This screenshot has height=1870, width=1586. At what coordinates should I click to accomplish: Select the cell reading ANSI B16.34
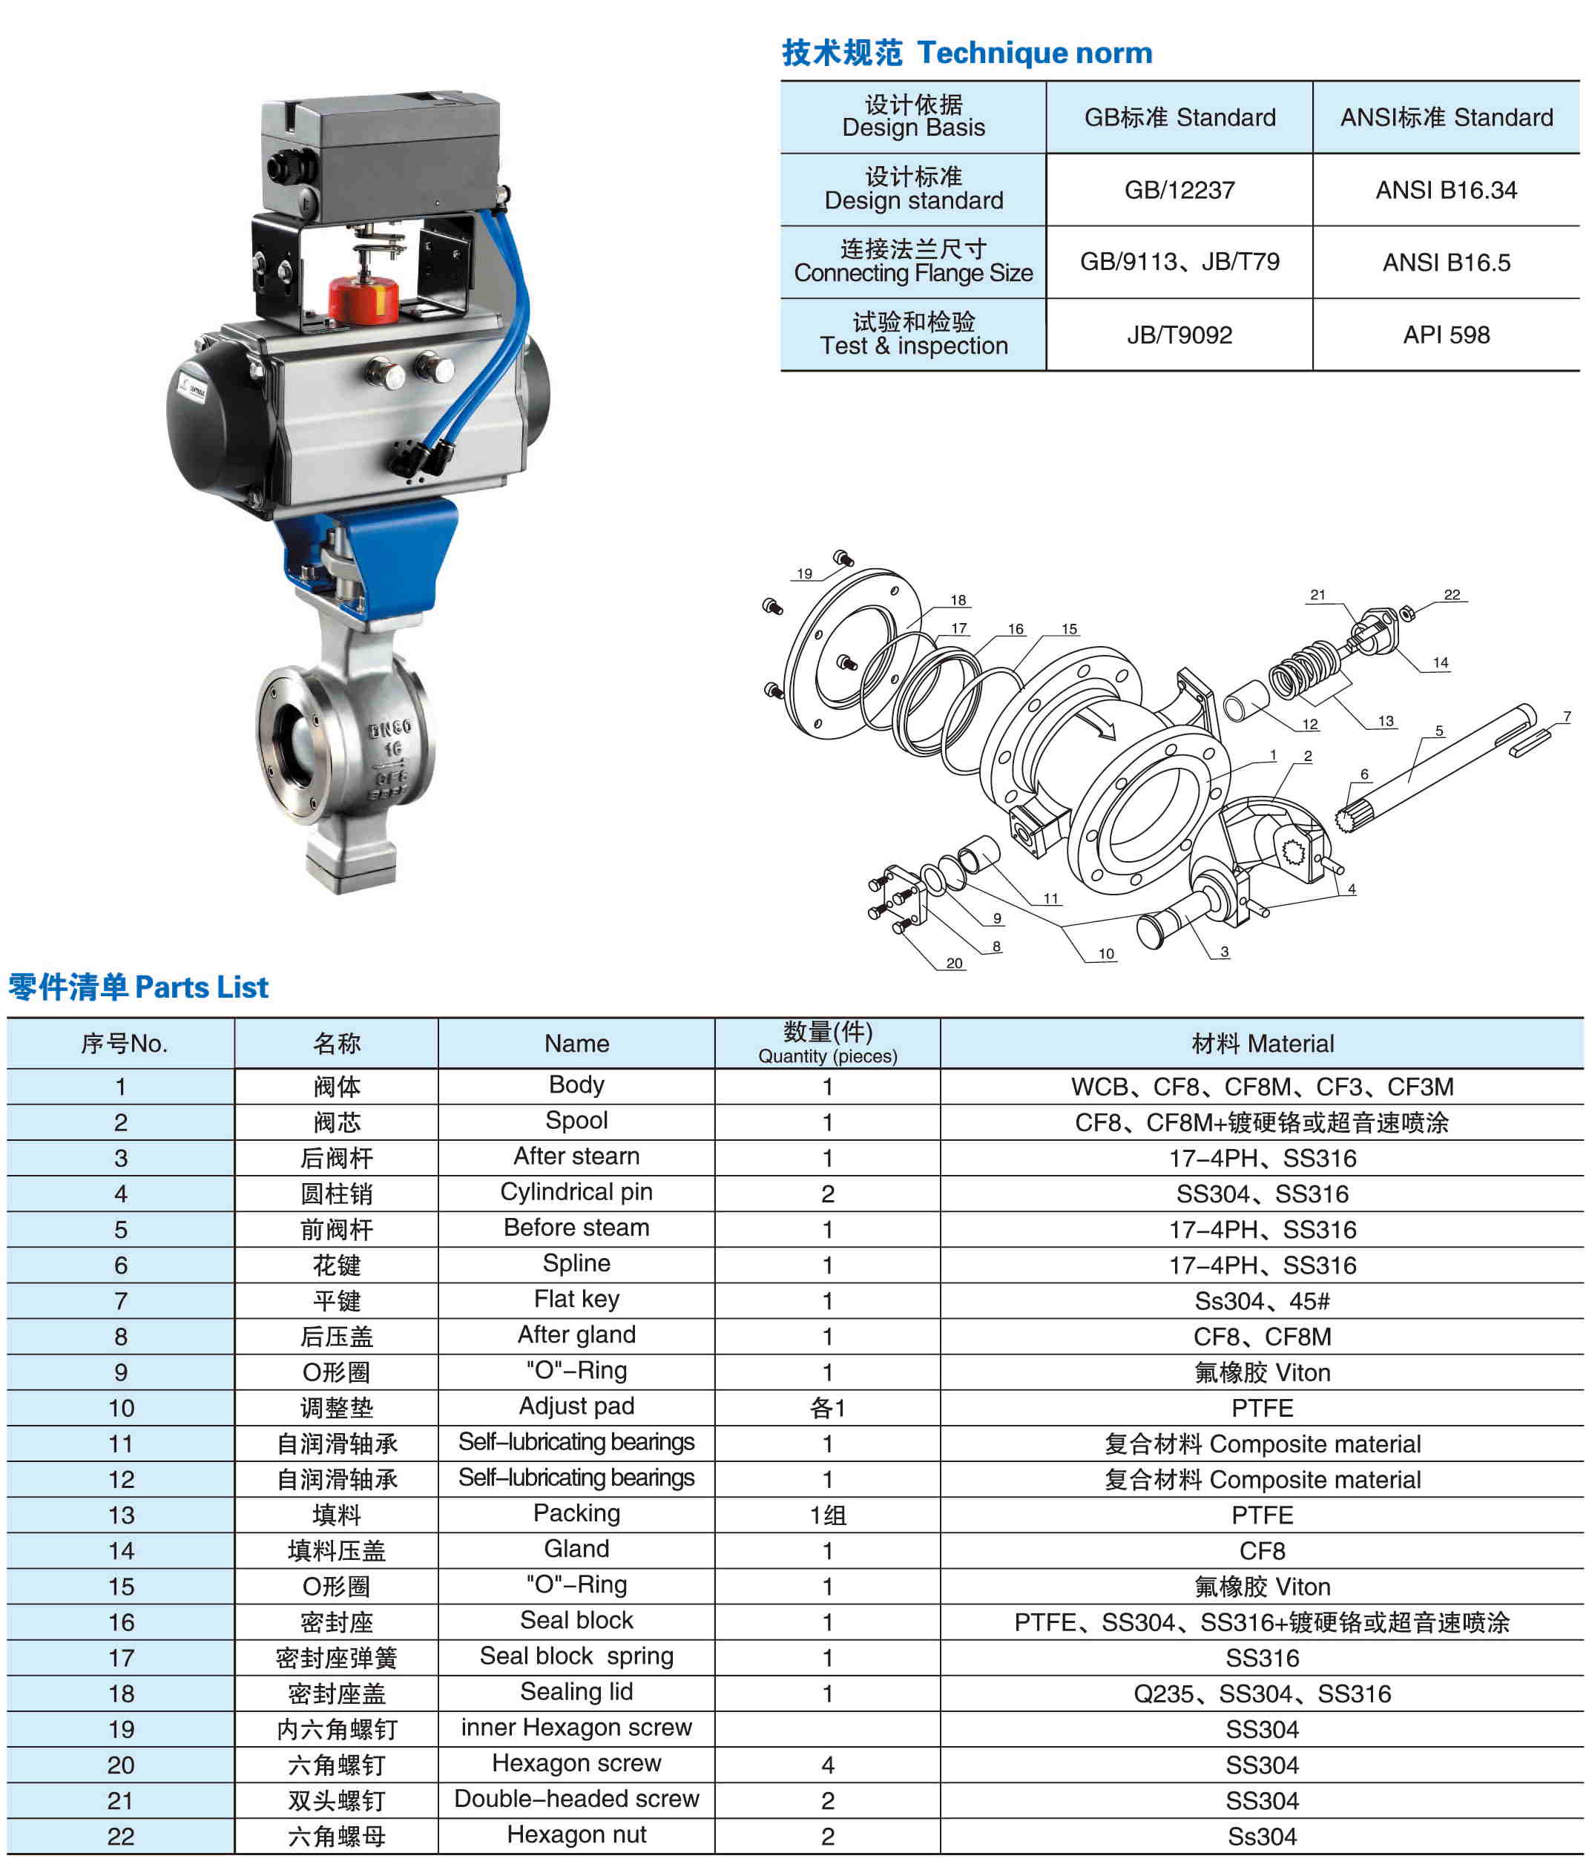(x=1445, y=190)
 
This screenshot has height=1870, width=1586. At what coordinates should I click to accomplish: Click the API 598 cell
(x=1445, y=335)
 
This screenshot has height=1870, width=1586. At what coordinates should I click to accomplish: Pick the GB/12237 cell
(x=1179, y=190)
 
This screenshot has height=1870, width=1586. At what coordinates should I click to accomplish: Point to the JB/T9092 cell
(x=1179, y=335)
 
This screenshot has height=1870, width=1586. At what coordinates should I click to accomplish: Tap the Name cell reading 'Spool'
(x=576, y=1120)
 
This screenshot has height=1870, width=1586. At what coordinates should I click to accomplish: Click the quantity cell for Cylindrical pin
(x=827, y=1193)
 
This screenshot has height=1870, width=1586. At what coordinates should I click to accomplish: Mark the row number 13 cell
(x=120, y=1515)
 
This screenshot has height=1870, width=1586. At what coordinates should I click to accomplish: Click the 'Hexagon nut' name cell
(x=576, y=1834)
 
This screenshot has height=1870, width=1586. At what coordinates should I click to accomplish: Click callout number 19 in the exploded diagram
(x=804, y=573)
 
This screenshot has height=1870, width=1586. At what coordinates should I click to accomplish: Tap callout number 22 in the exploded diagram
(x=1452, y=594)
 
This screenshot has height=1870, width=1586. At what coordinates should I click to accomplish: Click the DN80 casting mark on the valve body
(x=389, y=728)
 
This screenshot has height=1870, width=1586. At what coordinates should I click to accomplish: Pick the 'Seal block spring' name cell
(x=576, y=1656)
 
